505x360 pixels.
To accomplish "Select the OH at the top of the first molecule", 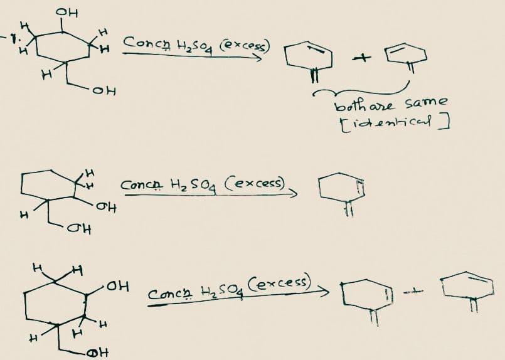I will click(63, 11).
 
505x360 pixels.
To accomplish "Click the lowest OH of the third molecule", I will click(96, 352).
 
